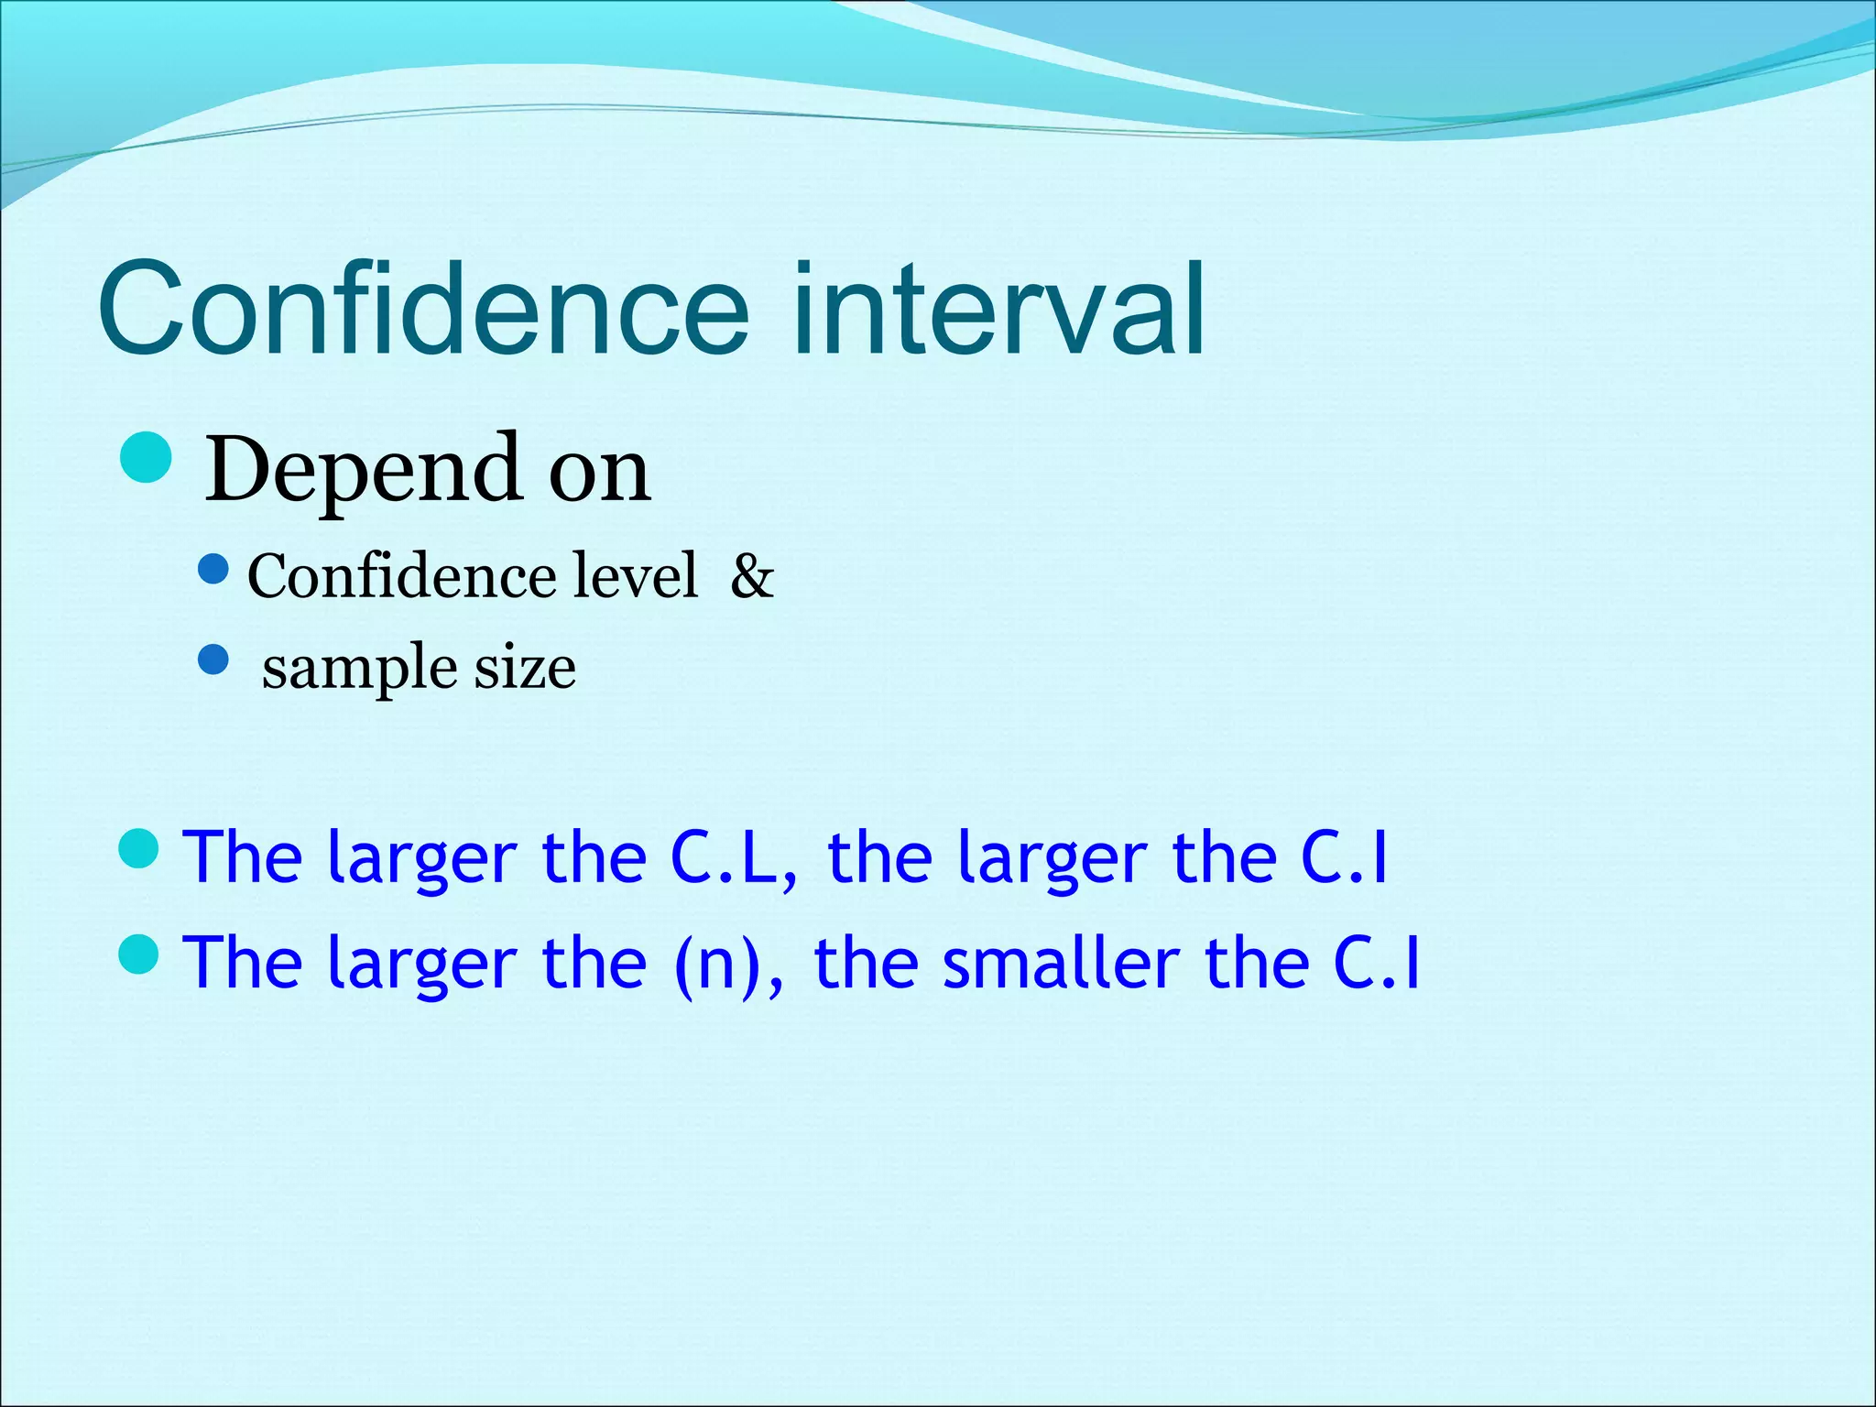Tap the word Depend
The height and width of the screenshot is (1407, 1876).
[x=362, y=470]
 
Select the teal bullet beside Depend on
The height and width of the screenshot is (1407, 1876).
[x=146, y=458]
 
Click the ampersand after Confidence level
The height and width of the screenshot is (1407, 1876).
[x=752, y=576]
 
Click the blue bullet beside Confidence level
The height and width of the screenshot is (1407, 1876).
[x=213, y=571]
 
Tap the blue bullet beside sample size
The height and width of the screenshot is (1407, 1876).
[x=213, y=660]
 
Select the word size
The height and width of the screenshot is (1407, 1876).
[x=525, y=666]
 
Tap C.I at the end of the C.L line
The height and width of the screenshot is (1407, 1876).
[x=1344, y=858]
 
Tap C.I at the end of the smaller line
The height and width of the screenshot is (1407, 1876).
[x=1376, y=964]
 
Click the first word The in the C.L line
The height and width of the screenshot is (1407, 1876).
[x=243, y=858]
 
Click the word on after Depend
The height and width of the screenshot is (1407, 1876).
[x=599, y=470]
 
